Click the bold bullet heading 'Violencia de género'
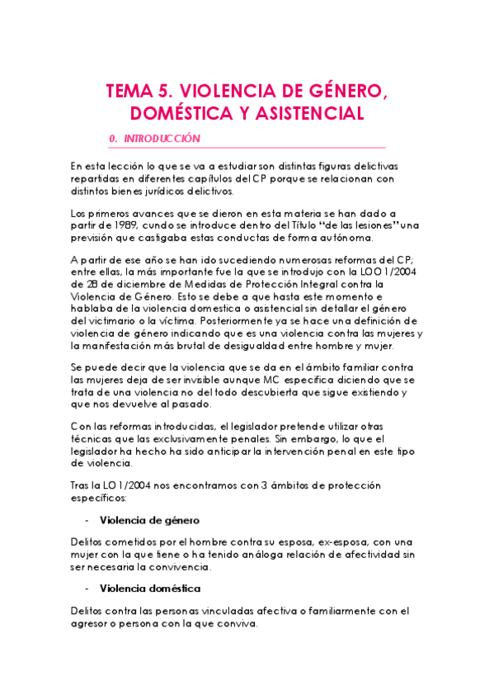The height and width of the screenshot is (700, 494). point(148,521)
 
